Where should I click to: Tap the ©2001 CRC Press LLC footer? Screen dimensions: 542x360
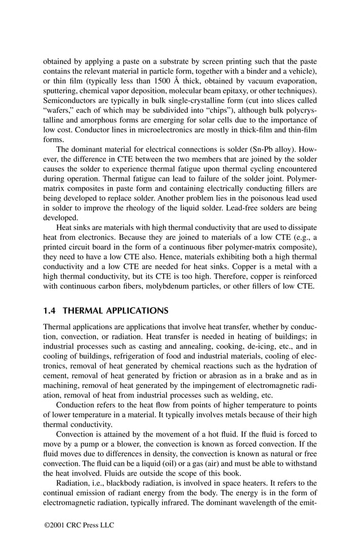tap(80, 525)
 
